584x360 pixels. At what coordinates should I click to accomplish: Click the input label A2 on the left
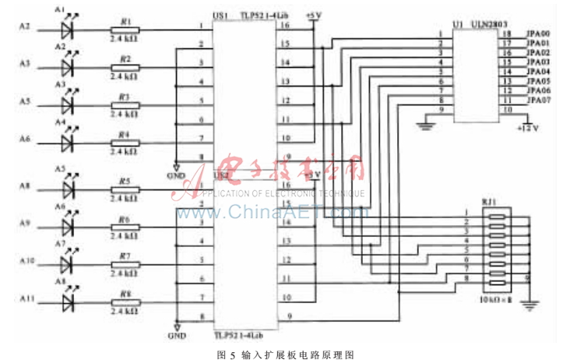click(24, 27)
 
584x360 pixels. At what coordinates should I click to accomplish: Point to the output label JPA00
click(539, 34)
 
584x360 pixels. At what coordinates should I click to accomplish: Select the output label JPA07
click(539, 101)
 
